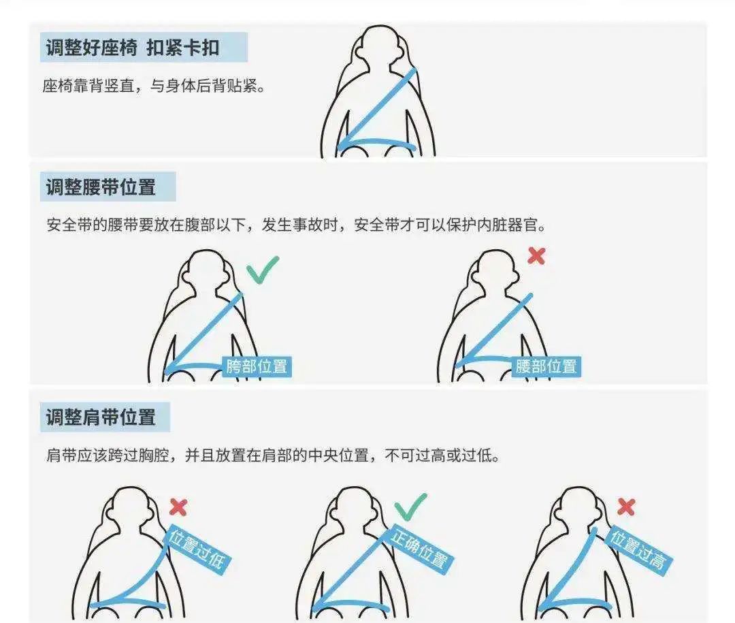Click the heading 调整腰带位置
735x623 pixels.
[101, 187]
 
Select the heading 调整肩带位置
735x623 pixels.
[101, 417]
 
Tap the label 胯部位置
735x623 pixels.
[257, 366]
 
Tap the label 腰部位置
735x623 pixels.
[546, 366]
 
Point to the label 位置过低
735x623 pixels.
[198, 549]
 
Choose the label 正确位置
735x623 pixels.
[419, 548]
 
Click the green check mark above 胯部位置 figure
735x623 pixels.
[262, 270]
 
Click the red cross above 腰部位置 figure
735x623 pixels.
[537, 256]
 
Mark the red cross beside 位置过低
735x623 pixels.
[178, 507]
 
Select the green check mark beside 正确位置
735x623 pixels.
[410, 507]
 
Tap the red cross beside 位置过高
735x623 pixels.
[625, 507]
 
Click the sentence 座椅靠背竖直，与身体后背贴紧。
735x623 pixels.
[153, 86]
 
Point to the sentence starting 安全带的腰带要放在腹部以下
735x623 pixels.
[296, 225]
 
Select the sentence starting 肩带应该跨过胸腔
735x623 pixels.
[272, 455]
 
